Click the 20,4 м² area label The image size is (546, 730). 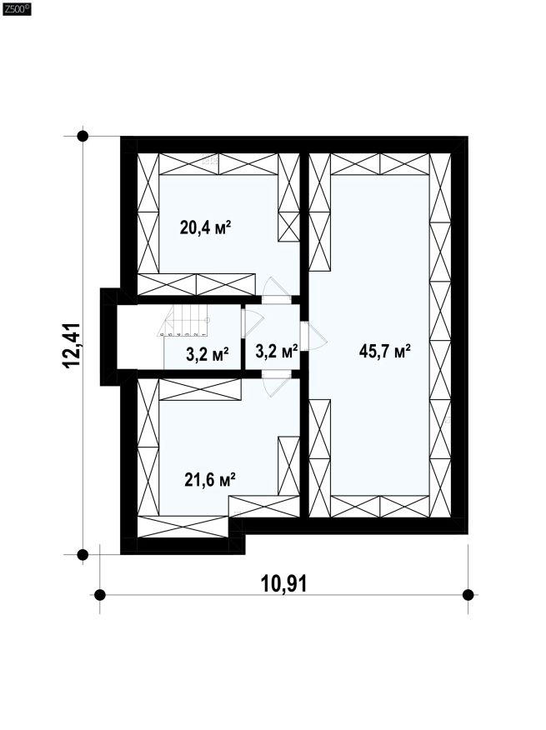[x=205, y=228]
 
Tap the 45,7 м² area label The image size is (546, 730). [x=384, y=351]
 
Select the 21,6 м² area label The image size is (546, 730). [x=209, y=479]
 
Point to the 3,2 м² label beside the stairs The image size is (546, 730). [x=207, y=354]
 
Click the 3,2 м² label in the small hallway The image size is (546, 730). [x=276, y=351]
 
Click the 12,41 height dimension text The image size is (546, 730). [x=73, y=346]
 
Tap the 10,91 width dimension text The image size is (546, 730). [x=283, y=583]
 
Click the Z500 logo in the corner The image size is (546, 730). [x=17, y=8]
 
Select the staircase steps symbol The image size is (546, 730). [x=184, y=320]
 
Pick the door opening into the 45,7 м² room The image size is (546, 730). [x=313, y=336]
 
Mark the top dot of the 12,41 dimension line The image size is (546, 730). [x=83, y=136]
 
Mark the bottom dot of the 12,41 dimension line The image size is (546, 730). [x=83, y=554]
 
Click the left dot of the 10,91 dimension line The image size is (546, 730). [x=100, y=594]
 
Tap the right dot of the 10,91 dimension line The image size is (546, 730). [x=468, y=594]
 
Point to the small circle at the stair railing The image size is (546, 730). [x=208, y=320]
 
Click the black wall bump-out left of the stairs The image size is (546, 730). [x=108, y=337]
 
